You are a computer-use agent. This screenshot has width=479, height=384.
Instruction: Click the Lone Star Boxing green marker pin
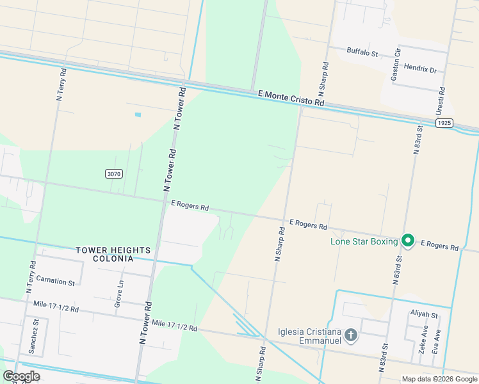pyautogui.click(x=408, y=241)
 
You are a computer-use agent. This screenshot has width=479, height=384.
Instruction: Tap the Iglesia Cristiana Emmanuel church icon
pyautogui.click(x=350, y=335)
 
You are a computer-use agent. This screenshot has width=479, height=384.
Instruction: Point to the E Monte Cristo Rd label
pyautogui.click(x=291, y=98)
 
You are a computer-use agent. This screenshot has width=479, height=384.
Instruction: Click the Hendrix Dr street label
pyautogui.click(x=419, y=70)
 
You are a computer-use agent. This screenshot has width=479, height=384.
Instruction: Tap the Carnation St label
pyautogui.click(x=55, y=281)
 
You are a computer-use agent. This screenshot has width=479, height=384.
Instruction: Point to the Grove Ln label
pyautogui.click(x=118, y=294)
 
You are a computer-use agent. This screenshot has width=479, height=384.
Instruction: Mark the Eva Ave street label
pyautogui.click(x=437, y=341)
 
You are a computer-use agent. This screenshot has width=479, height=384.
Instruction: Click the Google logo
pyautogui.click(x=21, y=376)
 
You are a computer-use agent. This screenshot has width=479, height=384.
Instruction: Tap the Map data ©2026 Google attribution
pyautogui.click(x=439, y=379)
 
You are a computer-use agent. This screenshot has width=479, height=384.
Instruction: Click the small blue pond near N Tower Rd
pyautogui.click(x=138, y=115)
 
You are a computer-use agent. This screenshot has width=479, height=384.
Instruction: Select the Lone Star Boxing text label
pyautogui.click(x=364, y=241)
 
